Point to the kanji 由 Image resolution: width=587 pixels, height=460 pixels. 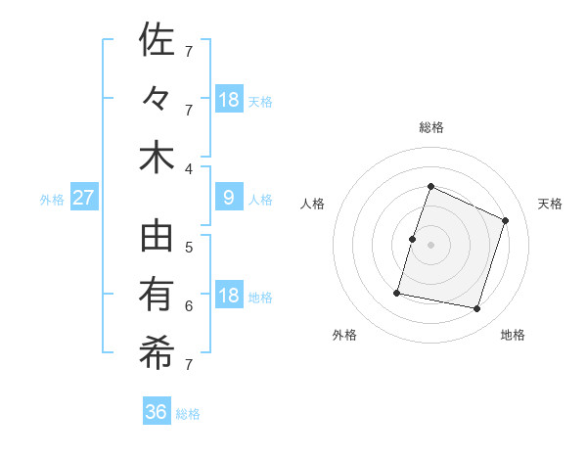(157, 237)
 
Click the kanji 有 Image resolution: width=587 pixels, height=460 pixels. (157, 295)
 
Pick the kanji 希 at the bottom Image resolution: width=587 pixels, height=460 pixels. (157, 353)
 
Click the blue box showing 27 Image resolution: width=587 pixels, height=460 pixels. (84, 198)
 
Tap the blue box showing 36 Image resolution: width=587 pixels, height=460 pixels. (157, 412)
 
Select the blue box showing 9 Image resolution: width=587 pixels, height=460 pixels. (229, 198)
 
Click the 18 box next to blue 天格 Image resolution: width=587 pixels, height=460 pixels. (229, 99)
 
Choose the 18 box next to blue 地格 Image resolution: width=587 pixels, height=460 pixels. (229, 296)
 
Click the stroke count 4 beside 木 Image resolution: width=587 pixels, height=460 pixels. (189, 168)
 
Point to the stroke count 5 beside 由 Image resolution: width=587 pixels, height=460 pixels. (189, 247)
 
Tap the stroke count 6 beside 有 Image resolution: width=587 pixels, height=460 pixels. (189, 305)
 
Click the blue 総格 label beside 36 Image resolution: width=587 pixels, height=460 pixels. (188, 414)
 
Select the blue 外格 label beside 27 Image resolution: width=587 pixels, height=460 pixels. (52, 200)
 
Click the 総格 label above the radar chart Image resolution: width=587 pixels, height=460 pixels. (430, 127)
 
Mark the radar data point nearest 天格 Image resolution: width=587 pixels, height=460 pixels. (506, 220)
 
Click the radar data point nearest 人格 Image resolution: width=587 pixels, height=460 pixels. (413, 239)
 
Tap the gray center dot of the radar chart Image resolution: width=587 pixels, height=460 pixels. (430, 245)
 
